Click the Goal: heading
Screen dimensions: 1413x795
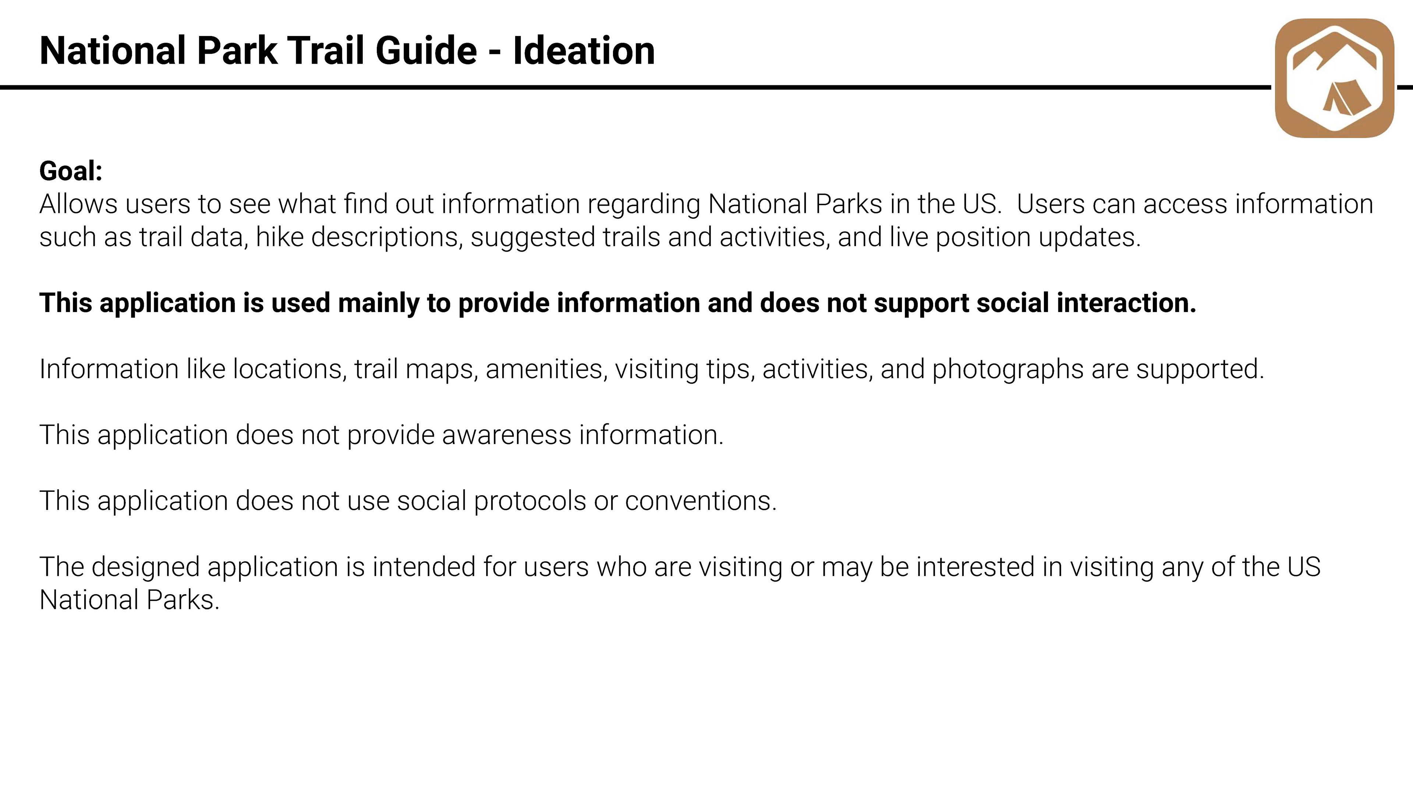71,171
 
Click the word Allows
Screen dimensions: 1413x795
78,204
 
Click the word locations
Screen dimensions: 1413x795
290,369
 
